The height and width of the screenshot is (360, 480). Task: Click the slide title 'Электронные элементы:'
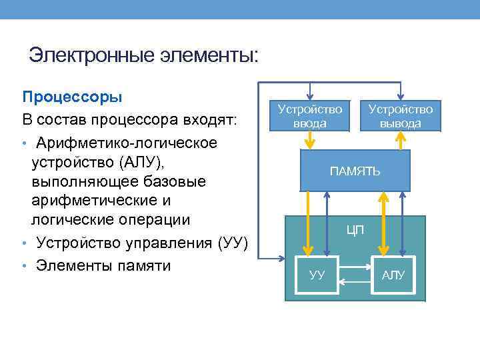click(143, 54)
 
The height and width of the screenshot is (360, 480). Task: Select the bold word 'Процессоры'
click(72, 97)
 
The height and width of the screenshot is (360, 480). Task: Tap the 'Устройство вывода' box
click(400, 115)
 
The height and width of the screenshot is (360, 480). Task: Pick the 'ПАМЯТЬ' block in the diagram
click(355, 171)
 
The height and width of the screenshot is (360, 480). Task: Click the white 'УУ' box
click(318, 275)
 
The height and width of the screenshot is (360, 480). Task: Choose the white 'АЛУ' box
click(393, 275)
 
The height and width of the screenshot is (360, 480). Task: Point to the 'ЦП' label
click(355, 231)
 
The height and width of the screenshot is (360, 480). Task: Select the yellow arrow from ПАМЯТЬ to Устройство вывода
click(400, 140)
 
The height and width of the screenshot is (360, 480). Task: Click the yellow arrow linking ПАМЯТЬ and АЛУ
click(383, 223)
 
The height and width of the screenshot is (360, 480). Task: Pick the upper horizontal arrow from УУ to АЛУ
click(355, 267)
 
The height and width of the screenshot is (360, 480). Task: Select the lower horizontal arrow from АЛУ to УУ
click(355, 282)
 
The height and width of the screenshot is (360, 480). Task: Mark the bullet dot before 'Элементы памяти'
click(24, 265)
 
